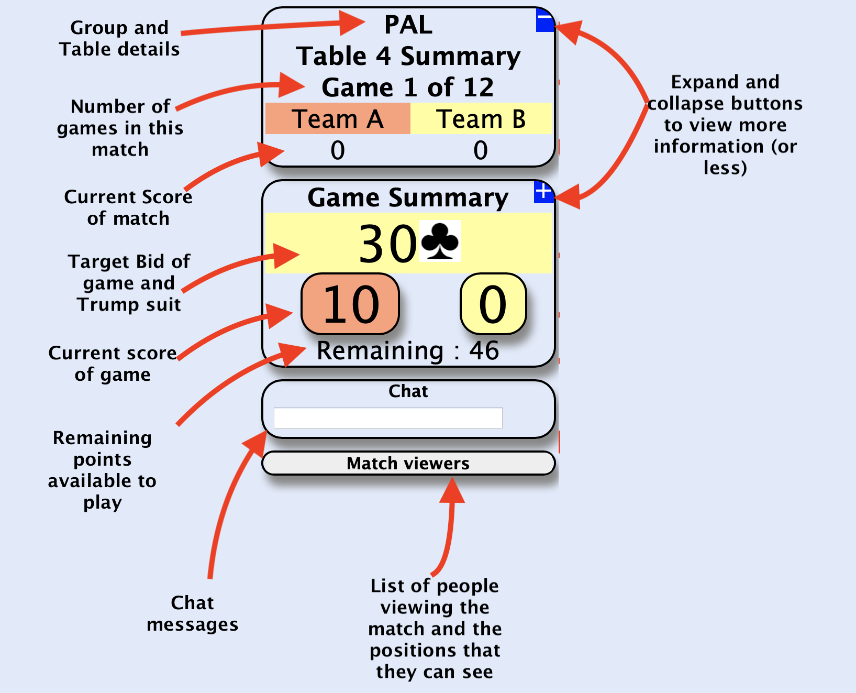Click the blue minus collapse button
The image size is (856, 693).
(544, 20)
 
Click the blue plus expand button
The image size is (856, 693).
(543, 192)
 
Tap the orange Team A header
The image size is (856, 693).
(338, 119)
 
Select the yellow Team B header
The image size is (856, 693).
(481, 119)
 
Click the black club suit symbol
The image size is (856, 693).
(440, 241)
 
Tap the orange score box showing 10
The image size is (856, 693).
(350, 304)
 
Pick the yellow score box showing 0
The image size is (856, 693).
(493, 304)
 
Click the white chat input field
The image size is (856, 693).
(388, 418)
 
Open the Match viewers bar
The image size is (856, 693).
(408, 463)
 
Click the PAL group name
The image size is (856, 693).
(408, 25)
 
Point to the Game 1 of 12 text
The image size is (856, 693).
(408, 87)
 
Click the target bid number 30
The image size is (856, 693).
(387, 244)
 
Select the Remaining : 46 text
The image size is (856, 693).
(408, 350)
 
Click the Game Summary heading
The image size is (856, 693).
(408, 198)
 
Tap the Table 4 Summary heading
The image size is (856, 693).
(408, 56)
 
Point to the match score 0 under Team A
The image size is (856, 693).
(338, 151)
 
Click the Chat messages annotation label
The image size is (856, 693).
(192, 613)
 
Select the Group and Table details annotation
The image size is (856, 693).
(119, 38)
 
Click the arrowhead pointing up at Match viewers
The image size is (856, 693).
(452, 490)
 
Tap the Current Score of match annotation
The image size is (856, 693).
(128, 207)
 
